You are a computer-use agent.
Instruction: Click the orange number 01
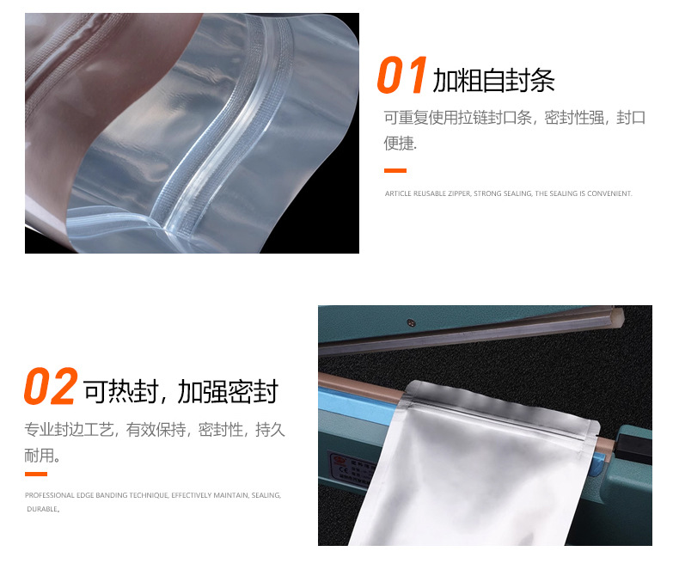pyautogui.click(x=401, y=77)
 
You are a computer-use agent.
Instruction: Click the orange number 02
pyautogui.click(x=50, y=389)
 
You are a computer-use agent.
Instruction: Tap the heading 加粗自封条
pyautogui.click(x=493, y=81)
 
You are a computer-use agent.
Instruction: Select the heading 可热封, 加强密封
pyautogui.click(x=180, y=392)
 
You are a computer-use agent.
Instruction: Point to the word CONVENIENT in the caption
pyautogui.click(x=611, y=194)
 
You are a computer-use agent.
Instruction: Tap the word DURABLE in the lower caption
pyautogui.click(x=42, y=510)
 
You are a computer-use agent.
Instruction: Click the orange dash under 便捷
pyautogui.click(x=395, y=170)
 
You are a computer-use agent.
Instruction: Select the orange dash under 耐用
pyautogui.click(x=36, y=474)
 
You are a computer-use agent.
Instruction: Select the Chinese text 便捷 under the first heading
pyautogui.click(x=399, y=144)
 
